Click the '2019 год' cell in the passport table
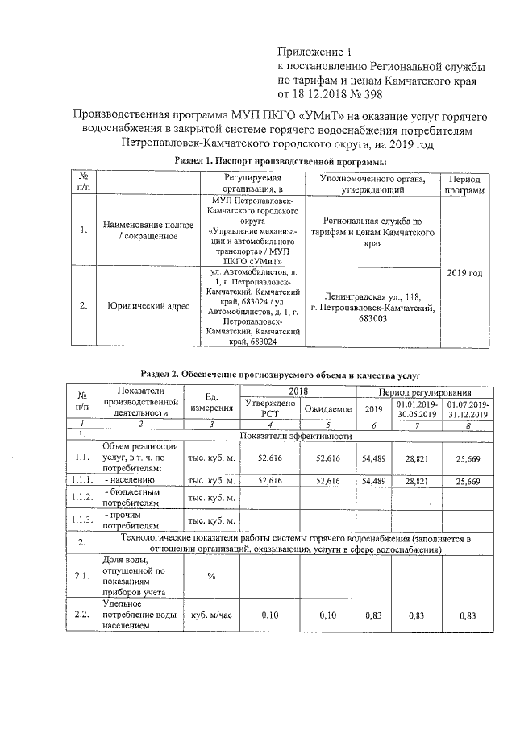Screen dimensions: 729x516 tap(464, 272)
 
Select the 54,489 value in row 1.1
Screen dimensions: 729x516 tap(374, 456)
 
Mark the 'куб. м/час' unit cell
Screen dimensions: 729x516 tap(212, 615)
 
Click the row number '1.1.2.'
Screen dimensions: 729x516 tap(81, 499)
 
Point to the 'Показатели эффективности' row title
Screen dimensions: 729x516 tap(298, 436)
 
